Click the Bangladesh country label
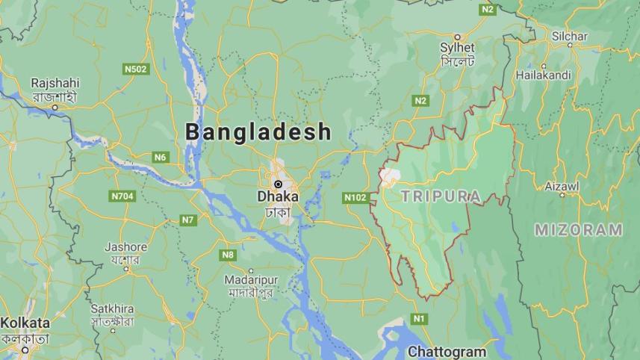[258, 132]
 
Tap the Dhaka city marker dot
[278, 184]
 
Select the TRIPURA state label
[440, 196]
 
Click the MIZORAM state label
[578, 230]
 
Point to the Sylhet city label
[457, 48]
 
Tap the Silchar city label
[570, 36]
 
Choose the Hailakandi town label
[543, 75]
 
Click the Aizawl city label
[562, 185]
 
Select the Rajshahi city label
[54, 83]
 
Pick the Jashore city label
[125, 246]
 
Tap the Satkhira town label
[113, 308]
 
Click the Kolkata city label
[25, 323]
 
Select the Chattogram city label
[447, 351]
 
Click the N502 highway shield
[135, 69]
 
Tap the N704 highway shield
[122, 196]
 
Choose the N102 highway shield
[355, 197]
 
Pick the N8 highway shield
[228, 255]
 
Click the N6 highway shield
[160, 156]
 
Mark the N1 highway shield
[419, 319]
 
